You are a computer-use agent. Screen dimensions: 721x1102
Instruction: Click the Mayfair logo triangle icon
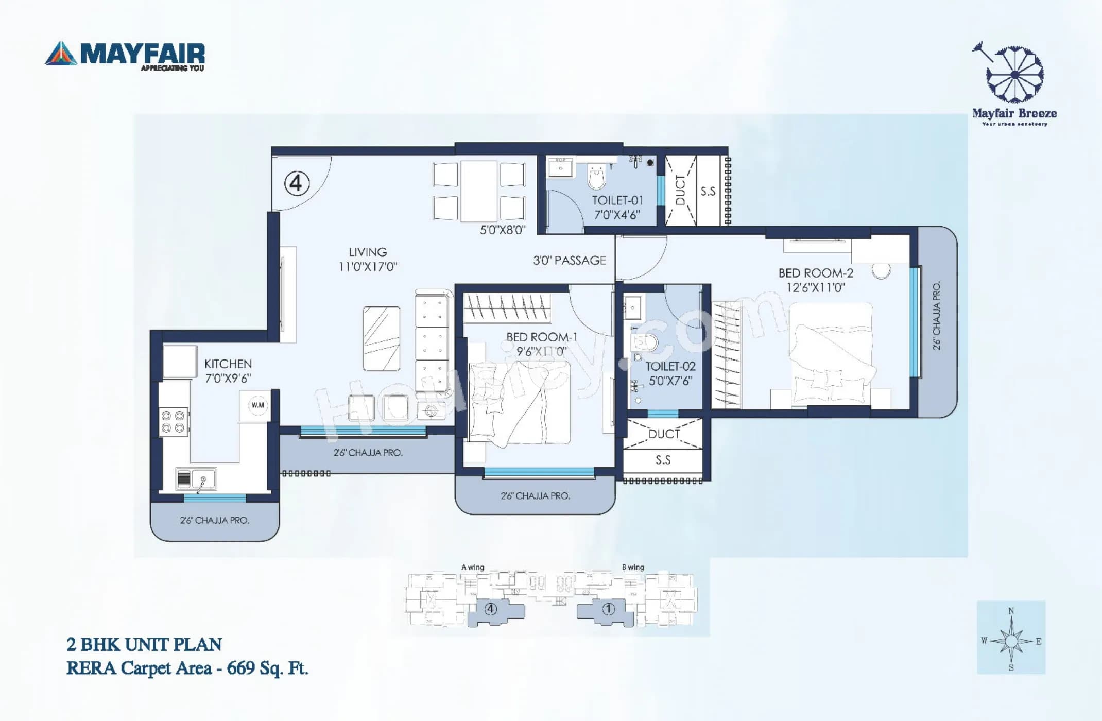(x=61, y=54)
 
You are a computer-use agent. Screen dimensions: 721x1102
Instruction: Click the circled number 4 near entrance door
(x=297, y=183)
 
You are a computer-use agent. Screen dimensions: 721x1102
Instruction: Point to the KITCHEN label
(x=228, y=364)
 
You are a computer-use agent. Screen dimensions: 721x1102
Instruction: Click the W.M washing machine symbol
(x=257, y=405)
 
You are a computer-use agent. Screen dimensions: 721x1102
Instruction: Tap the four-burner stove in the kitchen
(x=173, y=421)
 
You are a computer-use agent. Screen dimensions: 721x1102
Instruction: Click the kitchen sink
(x=196, y=478)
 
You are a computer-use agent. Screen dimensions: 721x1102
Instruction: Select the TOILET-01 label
(x=617, y=200)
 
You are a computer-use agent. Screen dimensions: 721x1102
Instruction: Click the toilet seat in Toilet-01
(x=597, y=177)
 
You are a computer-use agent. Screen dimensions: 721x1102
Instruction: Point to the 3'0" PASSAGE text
(x=569, y=261)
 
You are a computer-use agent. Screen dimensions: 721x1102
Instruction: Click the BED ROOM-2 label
(x=816, y=273)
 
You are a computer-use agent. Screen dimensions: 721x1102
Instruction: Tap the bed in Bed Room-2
(x=830, y=355)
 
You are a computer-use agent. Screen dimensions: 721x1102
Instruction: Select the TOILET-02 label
(x=670, y=366)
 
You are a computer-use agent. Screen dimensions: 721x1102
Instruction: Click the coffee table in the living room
(x=381, y=338)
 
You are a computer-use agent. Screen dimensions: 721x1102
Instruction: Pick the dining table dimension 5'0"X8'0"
(x=503, y=230)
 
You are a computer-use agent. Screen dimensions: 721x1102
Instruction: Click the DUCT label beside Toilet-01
(x=680, y=190)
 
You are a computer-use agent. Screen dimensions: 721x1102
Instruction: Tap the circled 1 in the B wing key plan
(x=608, y=609)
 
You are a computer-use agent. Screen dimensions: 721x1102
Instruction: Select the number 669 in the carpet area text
(x=241, y=668)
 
